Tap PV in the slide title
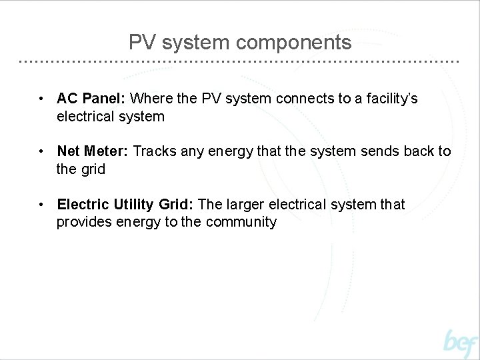141,43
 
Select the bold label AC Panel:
91,99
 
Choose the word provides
84,222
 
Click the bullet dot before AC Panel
41,99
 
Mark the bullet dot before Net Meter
41,152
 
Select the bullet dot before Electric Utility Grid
41,205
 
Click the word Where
151,99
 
